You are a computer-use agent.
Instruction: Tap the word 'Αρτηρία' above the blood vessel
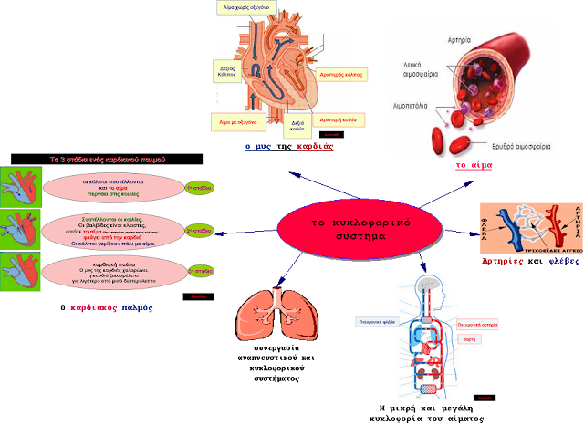pyautogui.click(x=460, y=41)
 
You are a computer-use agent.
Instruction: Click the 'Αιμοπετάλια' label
pyautogui.click(x=415, y=106)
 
